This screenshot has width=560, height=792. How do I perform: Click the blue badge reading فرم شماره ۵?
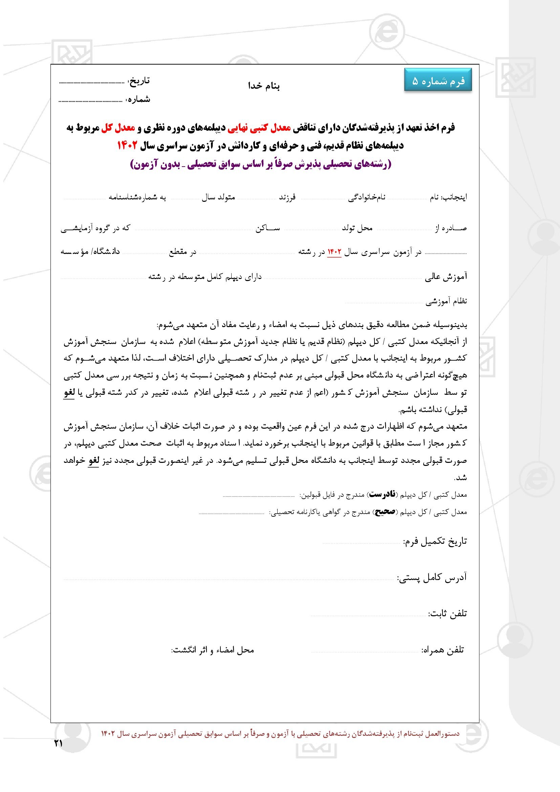438,81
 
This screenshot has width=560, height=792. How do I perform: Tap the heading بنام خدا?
264,86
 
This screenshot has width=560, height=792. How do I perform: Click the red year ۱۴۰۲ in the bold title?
128,146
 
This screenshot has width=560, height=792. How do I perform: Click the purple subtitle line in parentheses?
261,164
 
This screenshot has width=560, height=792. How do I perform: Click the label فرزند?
287,197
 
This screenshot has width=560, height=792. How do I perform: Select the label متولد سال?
218,197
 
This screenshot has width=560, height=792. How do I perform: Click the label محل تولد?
357,228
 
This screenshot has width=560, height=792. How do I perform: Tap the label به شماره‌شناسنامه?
137,197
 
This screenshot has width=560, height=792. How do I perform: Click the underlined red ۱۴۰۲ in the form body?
334,252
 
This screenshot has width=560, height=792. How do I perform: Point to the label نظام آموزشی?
446,301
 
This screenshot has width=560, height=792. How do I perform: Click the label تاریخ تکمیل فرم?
435,541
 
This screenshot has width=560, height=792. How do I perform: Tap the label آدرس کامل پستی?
432,578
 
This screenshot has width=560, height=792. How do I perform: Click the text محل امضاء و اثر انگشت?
213,650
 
